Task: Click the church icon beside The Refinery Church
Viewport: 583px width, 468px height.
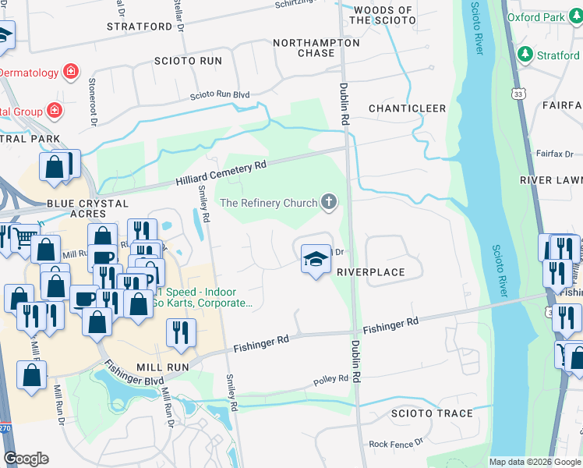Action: coord(329,203)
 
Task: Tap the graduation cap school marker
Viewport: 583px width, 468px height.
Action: coord(314,260)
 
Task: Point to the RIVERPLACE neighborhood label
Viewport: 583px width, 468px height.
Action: coord(370,272)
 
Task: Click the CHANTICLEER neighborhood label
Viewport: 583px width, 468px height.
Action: coord(407,108)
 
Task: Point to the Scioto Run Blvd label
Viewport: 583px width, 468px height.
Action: coord(220,95)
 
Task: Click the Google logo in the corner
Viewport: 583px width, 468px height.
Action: coord(26,459)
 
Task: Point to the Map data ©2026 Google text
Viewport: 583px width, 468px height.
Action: coord(535,462)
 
